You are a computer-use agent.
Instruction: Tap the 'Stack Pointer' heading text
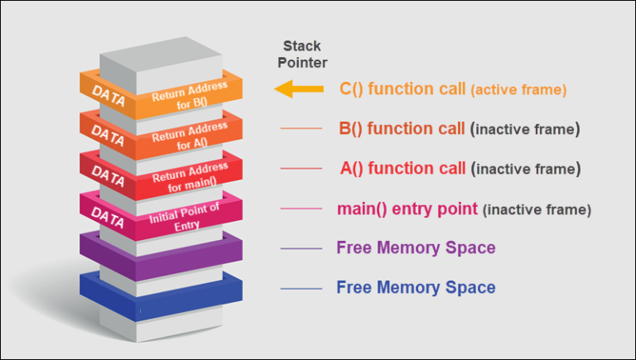[x=306, y=55]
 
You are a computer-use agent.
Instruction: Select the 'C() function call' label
[x=403, y=89]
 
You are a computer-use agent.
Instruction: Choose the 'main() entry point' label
[x=407, y=209]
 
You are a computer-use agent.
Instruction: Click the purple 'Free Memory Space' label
[x=416, y=248]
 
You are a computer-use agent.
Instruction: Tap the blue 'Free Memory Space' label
[x=416, y=288]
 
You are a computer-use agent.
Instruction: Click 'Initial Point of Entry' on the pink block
[x=185, y=218]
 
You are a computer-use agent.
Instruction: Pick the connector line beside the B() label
[x=301, y=129]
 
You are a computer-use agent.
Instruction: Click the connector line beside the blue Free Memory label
[x=301, y=289]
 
